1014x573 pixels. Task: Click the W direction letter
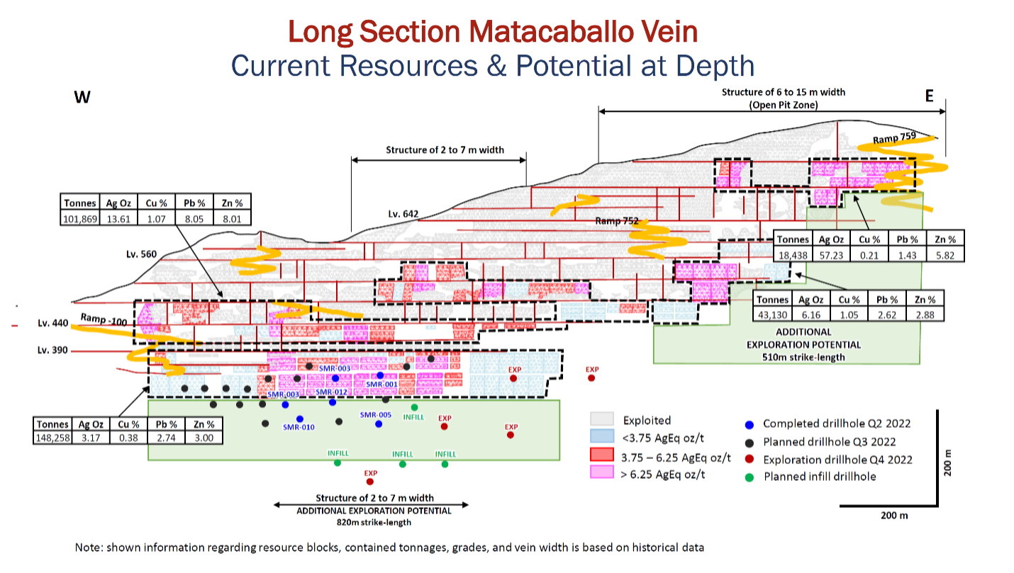pyautogui.click(x=82, y=97)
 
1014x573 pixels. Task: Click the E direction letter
pyautogui.click(x=930, y=96)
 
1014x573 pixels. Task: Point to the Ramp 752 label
pyautogui.click(x=616, y=221)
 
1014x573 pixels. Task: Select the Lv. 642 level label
pyautogui.click(x=403, y=213)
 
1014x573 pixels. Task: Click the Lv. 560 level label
pyautogui.click(x=141, y=254)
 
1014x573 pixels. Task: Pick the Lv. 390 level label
pyautogui.click(x=52, y=350)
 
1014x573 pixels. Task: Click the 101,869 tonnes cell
pyautogui.click(x=79, y=219)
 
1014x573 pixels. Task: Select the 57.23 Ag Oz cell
pyautogui.click(x=832, y=255)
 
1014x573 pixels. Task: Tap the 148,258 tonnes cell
pyautogui.click(x=53, y=438)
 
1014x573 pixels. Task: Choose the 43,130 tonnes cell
pyautogui.click(x=773, y=314)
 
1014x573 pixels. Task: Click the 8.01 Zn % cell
pyautogui.click(x=232, y=219)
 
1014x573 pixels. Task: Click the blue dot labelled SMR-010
pyautogui.click(x=300, y=419)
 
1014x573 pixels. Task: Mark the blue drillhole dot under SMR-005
pyautogui.click(x=379, y=424)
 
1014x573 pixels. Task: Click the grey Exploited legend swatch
pyautogui.click(x=602, y=419)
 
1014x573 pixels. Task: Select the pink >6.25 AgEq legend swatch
pyautogui.click(x=602, y=472)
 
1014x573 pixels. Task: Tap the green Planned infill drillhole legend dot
pyautogui.click(x=750, y=477)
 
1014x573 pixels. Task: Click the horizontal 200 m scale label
pyautogui.click(x=894, y=516)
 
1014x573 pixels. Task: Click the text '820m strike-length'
pyautogui.click(x=374, y=522)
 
